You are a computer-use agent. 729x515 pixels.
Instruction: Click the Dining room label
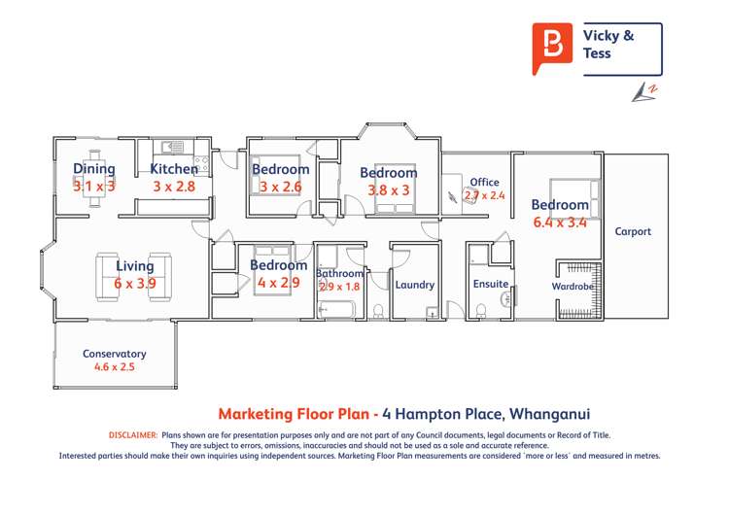point(94,169)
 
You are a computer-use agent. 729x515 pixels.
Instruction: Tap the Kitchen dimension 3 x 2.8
point(174,186)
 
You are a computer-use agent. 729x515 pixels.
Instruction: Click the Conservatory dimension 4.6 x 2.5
point(115,367)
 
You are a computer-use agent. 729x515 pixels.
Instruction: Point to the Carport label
point(633,231)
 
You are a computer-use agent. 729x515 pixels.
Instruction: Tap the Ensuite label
point(490,285)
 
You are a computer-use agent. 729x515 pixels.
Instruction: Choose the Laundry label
point(414,285)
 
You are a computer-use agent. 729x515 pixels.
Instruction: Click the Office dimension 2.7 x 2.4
point(484,195)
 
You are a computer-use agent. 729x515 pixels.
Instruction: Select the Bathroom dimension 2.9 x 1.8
point(339,287)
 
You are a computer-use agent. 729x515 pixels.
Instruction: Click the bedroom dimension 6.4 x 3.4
point(560,222)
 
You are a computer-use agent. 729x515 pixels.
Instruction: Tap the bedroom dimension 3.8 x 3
point(389,189)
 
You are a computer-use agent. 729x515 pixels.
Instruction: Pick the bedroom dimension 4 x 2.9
point(279,282)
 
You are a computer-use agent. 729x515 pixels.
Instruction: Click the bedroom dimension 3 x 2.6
point(281,186)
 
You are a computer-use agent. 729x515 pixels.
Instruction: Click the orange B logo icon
point(552,47)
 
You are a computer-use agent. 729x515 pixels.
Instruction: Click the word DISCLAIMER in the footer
point(133,435)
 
